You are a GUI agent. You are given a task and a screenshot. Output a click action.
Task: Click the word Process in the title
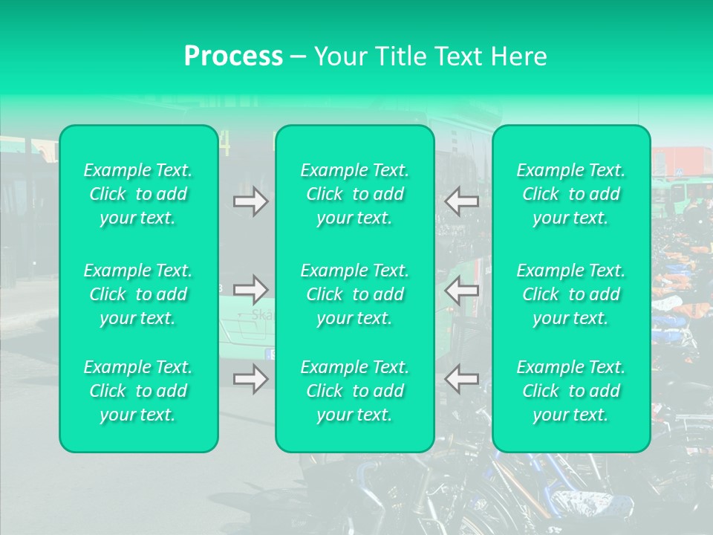[233, 56]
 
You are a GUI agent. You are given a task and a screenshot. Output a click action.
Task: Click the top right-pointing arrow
[250, 201]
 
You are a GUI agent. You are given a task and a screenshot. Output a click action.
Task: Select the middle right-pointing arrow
[250, 289]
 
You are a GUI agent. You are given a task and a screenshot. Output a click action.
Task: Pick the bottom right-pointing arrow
[250, 378]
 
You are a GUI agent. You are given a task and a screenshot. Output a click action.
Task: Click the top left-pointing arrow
[462, 201]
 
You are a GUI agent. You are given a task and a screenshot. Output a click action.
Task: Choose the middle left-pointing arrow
[462, 289]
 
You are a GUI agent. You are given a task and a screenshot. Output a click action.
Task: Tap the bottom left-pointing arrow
[462, 378]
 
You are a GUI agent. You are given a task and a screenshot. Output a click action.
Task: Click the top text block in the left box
[138, 194]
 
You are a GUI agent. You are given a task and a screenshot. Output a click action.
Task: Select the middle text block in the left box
[138, 294]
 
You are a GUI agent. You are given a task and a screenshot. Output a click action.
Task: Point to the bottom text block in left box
[138, 391]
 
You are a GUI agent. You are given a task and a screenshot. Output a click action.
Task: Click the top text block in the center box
[355, 194]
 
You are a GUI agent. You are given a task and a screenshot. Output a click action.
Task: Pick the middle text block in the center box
[355, 294]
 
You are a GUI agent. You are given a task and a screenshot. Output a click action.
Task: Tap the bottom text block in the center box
[355, 391]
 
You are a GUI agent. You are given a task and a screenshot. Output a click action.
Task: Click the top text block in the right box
[571, 194]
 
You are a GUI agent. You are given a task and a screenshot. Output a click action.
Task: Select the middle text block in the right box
[571, 294]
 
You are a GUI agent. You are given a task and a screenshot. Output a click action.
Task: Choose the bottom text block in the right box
[571, 391]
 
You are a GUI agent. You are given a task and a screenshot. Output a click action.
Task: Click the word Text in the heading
[459, 56]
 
